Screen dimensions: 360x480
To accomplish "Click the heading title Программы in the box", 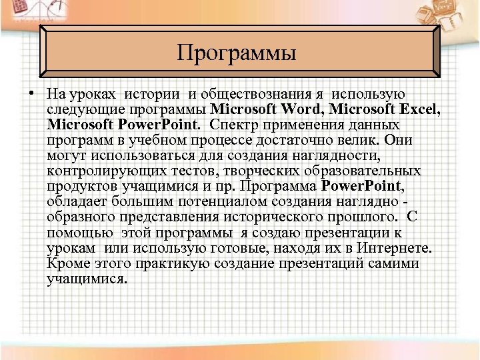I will [x=236, y=52].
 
